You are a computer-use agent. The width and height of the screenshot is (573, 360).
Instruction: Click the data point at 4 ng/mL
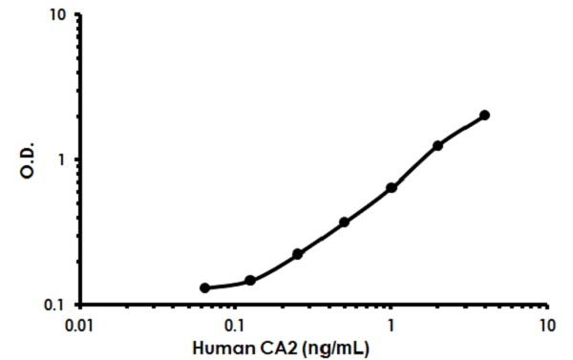(x=484, y=115)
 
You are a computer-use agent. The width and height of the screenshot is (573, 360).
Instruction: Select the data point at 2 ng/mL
(x=437, y=145)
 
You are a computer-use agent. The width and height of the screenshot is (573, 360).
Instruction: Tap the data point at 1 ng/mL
(x=391, y=188)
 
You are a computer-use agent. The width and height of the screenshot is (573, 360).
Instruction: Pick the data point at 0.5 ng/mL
(x=344, y=222)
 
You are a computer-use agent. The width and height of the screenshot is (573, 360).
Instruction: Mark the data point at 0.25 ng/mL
(x=297, y=254)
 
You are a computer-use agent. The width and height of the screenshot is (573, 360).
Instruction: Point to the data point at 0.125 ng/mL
(x=250, y=281)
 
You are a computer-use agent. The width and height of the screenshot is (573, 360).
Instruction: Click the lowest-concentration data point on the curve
(x=204, y=287)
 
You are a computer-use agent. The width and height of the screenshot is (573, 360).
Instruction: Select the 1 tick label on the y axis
(x=62, y=160)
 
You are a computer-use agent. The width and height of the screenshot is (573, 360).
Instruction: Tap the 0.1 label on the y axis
(x=55, y=305)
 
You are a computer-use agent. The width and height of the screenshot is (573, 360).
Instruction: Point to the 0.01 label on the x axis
(x=79, y=325)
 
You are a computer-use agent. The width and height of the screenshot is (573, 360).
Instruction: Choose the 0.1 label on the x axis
(x=235, y=325)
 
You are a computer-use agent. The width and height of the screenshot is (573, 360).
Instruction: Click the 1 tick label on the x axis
(x=391, y=325)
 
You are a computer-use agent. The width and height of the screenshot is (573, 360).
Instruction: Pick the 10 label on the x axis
(x=546, y=325)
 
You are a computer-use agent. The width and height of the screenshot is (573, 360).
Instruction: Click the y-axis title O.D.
(x=28, y=160)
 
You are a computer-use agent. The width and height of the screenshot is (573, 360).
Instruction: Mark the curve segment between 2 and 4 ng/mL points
(x=461, y=128)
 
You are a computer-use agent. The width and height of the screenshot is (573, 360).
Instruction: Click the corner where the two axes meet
(x=80, y=305)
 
